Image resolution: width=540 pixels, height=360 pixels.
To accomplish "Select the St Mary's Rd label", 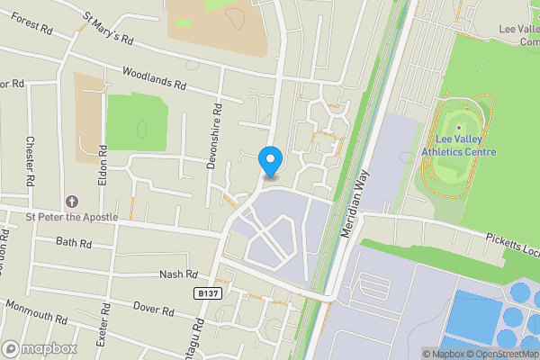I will pyautogui.click(x=108, y=28).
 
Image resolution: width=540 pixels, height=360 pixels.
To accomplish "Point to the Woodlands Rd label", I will pyautogui.click(x=153, y=78).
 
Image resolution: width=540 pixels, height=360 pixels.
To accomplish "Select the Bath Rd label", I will pyautogui.click(x=74, y=243).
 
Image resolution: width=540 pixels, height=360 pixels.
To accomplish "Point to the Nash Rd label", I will pyautogui.click(x=177, y=274).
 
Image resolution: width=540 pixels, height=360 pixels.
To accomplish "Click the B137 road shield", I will pyautogui.click(x=207, y=293).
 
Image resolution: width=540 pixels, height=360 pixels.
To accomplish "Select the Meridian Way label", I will pyautogui.click(x=355, y=205).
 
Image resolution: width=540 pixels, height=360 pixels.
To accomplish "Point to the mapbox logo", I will pyautogui.click(x=39, y=348).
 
